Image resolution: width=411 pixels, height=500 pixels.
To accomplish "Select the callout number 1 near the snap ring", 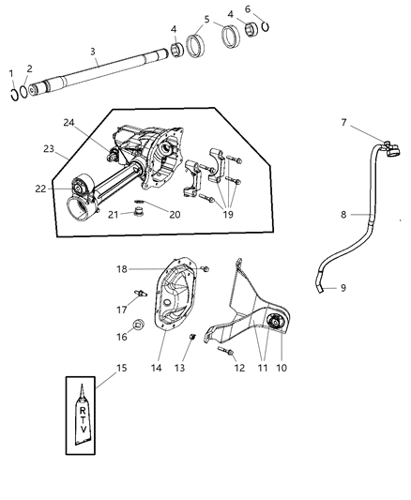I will pyautogui.click(x=11, y=72).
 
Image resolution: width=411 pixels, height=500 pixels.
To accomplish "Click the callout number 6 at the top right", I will pyautogui.click(x=248, y=9).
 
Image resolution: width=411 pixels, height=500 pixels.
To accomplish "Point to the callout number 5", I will pyautogui.click(x=206, y=19).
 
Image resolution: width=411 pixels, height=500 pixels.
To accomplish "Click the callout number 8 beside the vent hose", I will pyautogui.click(x=343, y=214).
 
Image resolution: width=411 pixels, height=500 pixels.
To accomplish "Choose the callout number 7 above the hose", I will pyautogui.click(x=344, y=122).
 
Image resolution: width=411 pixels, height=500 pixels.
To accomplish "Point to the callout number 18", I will pyautogui.click(x=146, y=270).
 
